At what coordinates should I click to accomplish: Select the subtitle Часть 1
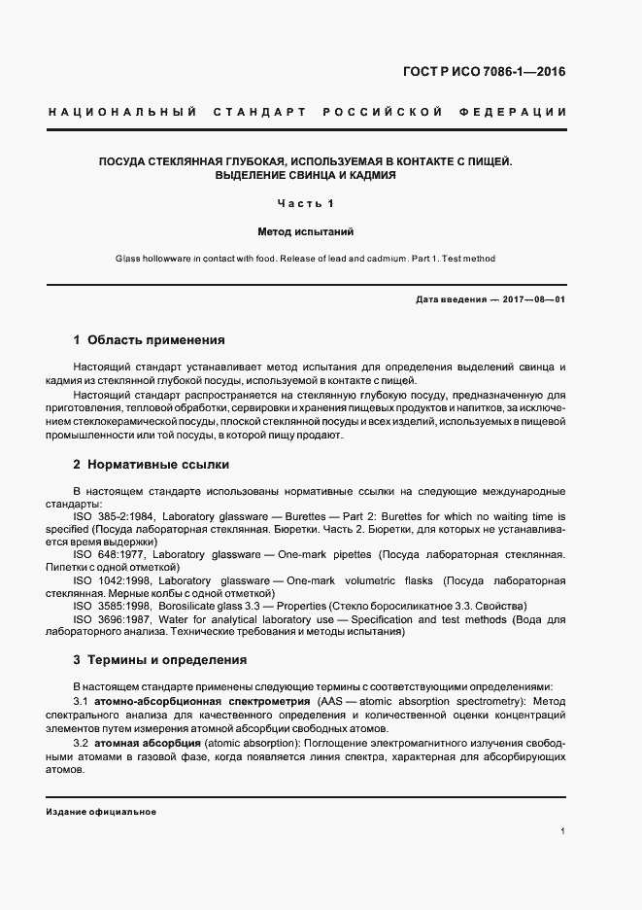tap(305, 204)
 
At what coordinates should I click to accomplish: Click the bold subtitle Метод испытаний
tap(305, 233)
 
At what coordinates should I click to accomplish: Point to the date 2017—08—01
tap(535, 299)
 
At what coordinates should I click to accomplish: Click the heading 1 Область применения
tap(150, 340)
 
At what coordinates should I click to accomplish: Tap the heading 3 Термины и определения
tap(160, 660)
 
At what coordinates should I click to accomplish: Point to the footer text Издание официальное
tap(101, 811)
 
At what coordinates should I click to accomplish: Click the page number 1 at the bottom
tap(563, 831)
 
